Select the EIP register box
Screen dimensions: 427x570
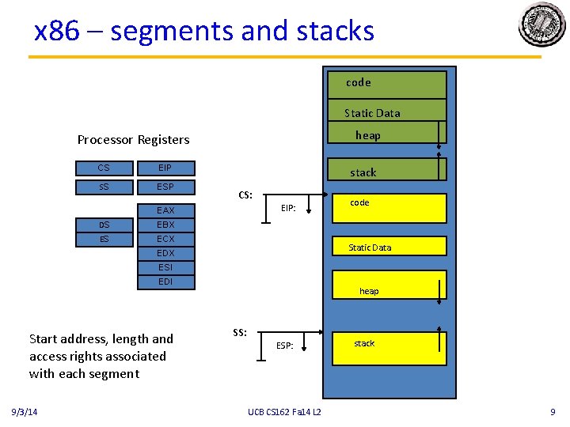click(165, 168)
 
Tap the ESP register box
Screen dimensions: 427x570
click(165, 187)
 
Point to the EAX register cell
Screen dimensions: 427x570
click(165, 210)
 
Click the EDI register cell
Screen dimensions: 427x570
click(165, 282)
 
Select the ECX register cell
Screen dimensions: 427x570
click(165, 239)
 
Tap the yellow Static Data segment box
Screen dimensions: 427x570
click(389, 247)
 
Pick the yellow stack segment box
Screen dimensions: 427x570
click(389, 343)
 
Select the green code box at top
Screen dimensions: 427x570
click(388, 84)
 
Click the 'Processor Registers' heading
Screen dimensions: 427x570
click(133, 140)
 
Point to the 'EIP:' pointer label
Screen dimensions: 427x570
click(289, 209)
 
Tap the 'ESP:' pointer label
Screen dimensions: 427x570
click(285, 346)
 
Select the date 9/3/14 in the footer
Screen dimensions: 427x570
click(29, 412)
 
